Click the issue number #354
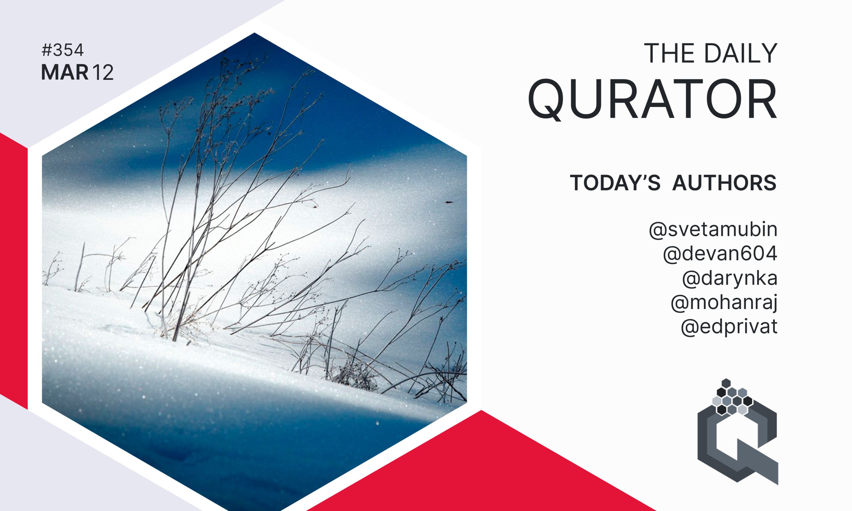click(62, 51)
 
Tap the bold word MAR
click(64, 73)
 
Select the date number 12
click(103, 73)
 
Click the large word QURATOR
click(652, 99)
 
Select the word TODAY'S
click(615, 182)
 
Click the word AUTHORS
click(724, 182)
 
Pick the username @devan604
click(720, 254)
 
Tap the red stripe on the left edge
click(14, 271)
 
